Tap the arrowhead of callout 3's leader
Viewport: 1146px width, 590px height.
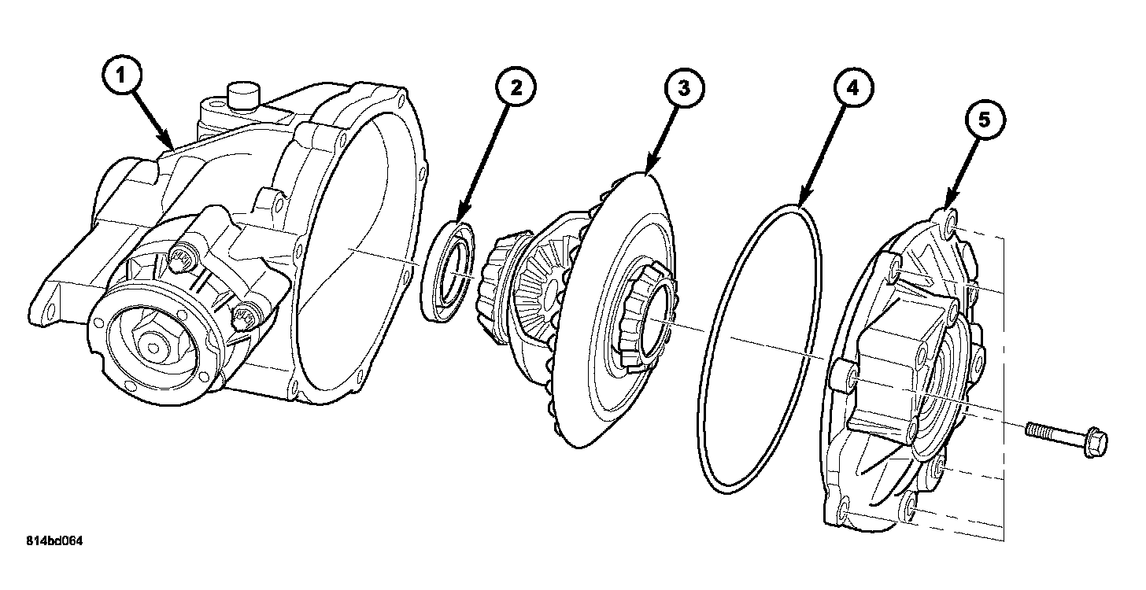pyautogui.click(x=647, y=171)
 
